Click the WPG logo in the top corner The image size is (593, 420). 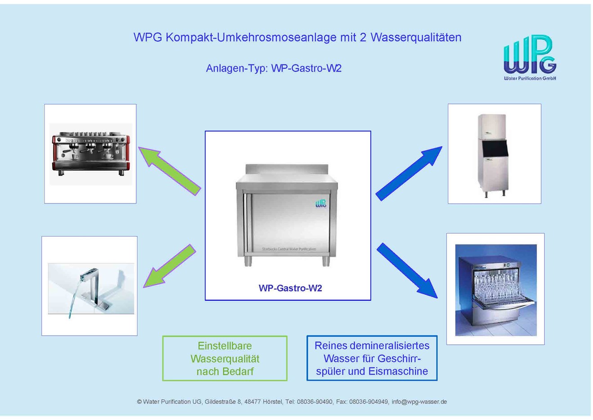pyautogui.click(x=530, y=57)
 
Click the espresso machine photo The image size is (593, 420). pyautogui.click(x=90, y=154)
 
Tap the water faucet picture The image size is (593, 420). pyautogui.click(x=91, y=288)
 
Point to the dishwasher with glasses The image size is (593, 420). pyautogui.click(x=495, y=289)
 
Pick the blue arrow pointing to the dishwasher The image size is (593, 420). pyautogui.click(x=407, y=270)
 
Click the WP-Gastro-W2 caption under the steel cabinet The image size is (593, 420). pyautogui.click(x=290, y=288)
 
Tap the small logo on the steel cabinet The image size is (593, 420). pyautogui.click(x=321, y=203)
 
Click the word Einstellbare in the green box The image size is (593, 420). pyautogui.click(x=225, y=346)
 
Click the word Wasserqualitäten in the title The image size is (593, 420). pyautogui.click(x=416, y=37)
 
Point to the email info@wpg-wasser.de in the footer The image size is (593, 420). pyautogui.click(x=419, y=402)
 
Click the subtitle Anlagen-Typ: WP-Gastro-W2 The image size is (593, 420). pyautogui.click(x=273, y=68)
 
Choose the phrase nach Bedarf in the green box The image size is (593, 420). pyautogui.click(x=225, y=371)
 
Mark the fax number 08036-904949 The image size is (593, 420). pyautogui.click(x=369, y=402)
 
